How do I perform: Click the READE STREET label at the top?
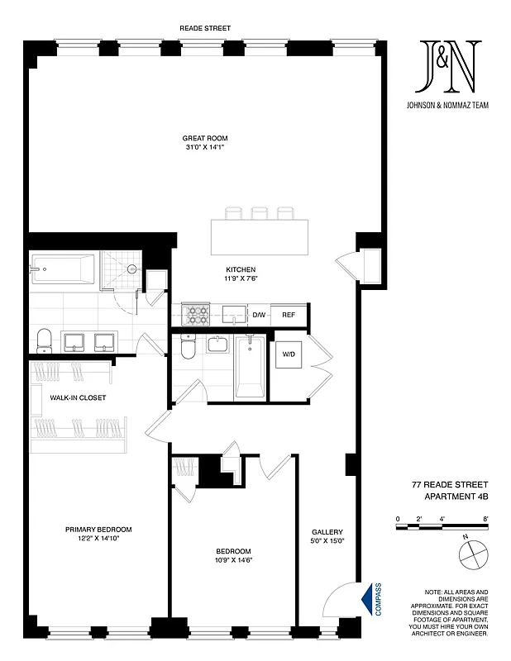click(204, 28)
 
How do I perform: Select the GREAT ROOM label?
click(204, 137)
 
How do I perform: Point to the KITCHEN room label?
click(241, 269)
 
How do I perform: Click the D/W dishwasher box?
click(258, 315)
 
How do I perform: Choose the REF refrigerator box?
click(289, 315)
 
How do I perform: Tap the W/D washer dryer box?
click(289, 354)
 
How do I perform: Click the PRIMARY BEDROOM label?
click(98, 530)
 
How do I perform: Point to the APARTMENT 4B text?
click(450, 495)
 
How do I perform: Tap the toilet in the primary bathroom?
click(45, 339)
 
